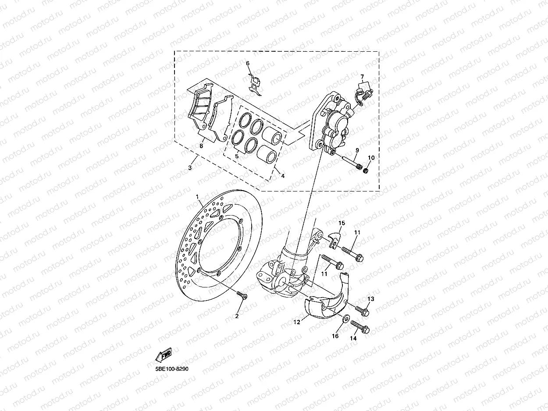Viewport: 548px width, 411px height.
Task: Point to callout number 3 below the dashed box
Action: (190, 168)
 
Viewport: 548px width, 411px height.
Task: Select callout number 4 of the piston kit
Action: (283, 176)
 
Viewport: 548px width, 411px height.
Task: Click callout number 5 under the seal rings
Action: (237, 156)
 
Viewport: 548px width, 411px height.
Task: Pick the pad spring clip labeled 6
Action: (254, 85)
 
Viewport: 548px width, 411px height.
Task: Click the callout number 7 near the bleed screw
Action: (362, 78)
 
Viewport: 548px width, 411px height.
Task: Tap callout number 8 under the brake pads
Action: (201, 146)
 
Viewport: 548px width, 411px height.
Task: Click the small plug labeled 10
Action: (366, 169)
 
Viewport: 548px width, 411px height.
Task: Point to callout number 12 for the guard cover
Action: (297, 322)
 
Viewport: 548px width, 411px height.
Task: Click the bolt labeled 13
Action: (363, 311)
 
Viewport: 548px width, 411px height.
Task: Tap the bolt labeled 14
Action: (361, 327)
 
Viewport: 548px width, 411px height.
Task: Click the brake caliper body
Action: (335, 125)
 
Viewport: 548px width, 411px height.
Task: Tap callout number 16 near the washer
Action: (335, 337)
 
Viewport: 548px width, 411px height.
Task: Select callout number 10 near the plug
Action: (371, 158)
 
